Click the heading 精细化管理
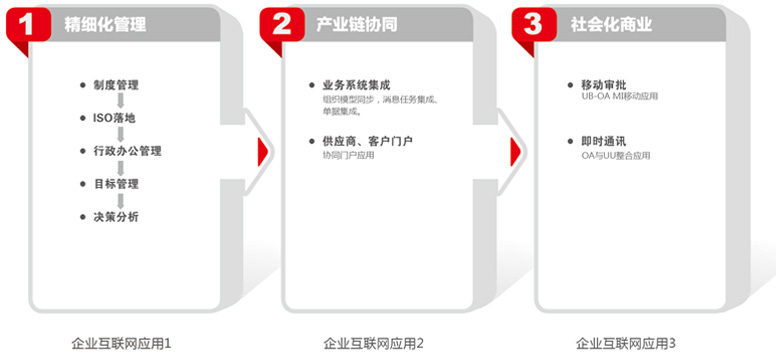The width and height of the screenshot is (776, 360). click(105, 24)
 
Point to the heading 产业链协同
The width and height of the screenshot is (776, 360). click(357, 24)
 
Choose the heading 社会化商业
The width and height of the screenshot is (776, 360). click(611, 24)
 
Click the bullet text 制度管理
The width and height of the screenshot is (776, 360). click(116, 85)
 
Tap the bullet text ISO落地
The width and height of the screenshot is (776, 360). click(114, 118)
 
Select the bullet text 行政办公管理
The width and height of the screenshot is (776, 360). click(128, 151)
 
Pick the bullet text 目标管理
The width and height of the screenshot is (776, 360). click(116, 184)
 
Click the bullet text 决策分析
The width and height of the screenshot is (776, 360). click(116, 216)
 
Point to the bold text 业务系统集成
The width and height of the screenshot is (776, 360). click(356, 85)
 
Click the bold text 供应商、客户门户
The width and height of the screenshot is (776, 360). click(368, 142)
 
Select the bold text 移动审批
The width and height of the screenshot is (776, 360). click(604, 85)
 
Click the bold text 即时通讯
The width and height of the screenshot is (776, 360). click(604, 142)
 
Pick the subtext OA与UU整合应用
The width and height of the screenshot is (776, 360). click(616, 155)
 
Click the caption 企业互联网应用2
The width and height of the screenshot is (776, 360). click(374, 343)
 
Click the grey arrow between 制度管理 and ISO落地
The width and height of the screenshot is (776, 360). click(120, 102)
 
